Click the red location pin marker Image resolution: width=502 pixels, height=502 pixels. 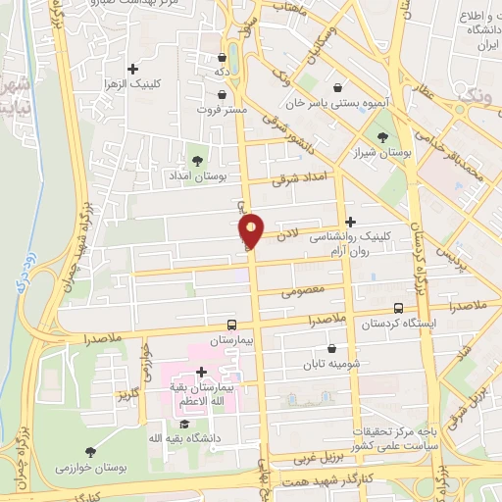[252, 229]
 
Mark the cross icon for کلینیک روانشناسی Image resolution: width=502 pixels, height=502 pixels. [350, 222]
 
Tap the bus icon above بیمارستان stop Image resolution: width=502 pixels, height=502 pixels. [232, 325]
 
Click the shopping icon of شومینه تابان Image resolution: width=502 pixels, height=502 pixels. [331, 347]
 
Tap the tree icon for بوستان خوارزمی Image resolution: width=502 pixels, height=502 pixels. [90, 451]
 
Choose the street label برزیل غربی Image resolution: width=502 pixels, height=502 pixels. [319, 457]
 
